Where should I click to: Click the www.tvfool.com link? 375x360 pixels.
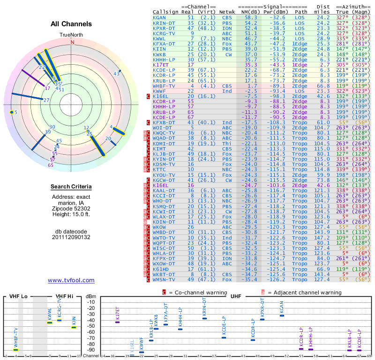(x=71, y=280)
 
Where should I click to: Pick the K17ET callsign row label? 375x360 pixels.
(x=161, y=65)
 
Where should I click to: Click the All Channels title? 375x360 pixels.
(x=71, y=24)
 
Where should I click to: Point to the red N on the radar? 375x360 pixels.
(x=72, y=42)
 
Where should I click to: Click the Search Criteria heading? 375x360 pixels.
(x=71, y=187)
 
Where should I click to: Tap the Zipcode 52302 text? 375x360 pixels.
(x=71, y=209)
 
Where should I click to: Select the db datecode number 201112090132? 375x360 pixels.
(x=71, y=237)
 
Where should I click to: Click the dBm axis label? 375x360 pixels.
(x=90, y=296)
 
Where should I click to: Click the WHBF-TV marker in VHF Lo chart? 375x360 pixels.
(x=15, y=350)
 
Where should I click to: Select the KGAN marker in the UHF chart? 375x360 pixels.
(x=282, y=315)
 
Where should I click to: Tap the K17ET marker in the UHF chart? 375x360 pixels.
(x=118, y=322)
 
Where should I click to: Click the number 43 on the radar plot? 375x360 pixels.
(x=117, y=74)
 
